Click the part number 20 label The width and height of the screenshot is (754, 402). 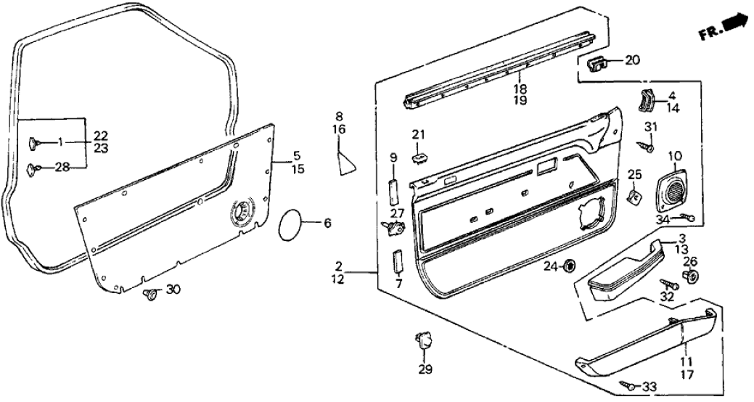pyautogui.click(x=632, y=60)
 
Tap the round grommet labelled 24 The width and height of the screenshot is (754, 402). pyautogui.click(x=570, y=266)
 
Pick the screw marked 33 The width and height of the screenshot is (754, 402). pyautogui.click(x=624, y=385)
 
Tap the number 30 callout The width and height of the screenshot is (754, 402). pyautogui.click(x=173, y=290)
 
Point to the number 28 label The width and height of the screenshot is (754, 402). pyautogui.click(x=62, y=168)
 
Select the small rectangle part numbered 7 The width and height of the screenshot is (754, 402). pyautogui.click(x=398, y=262)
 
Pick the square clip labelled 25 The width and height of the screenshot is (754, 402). pyautogui.click(x=634, y=196)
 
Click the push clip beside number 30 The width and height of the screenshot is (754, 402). pyautogui.click(x=150, y=294)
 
